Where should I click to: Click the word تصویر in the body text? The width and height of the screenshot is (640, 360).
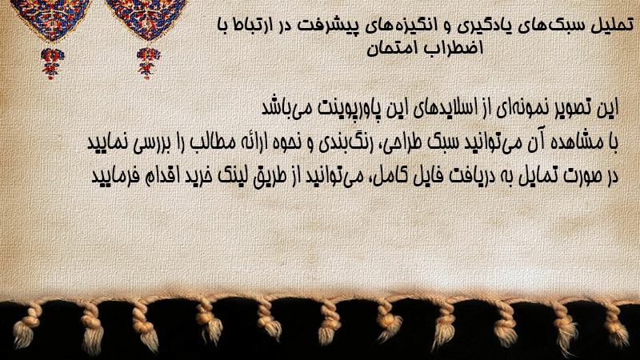pos(570,108)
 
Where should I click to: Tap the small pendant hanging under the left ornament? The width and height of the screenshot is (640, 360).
pos(52,63)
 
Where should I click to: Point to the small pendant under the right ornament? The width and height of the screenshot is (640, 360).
pos(148,62)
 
